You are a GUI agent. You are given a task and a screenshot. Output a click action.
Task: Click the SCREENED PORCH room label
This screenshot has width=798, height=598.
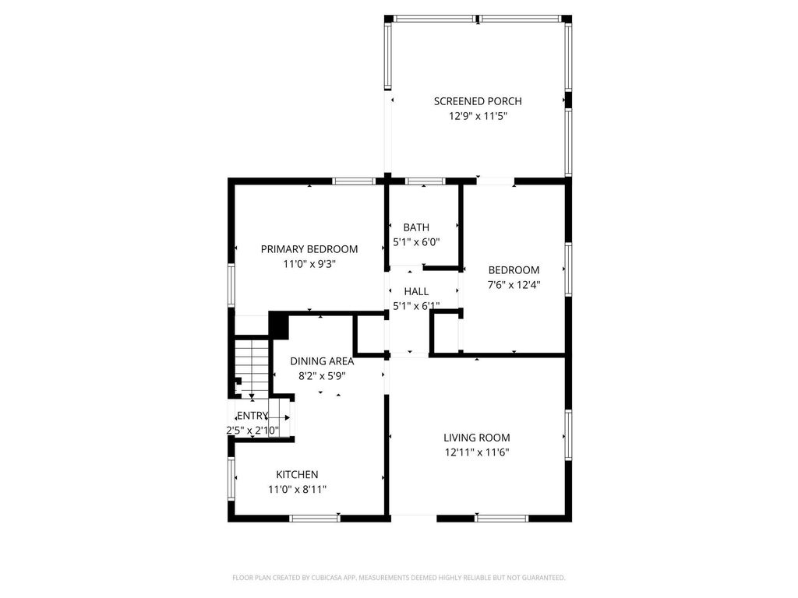(x=477, y=101)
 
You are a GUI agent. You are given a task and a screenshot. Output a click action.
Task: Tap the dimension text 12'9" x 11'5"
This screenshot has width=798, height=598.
(x=477, y=117)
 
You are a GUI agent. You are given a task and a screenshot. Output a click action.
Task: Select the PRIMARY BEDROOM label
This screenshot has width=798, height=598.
(x=309, y=249)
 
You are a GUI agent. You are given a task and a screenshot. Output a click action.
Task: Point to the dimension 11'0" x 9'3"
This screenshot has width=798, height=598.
(x=309, y=264)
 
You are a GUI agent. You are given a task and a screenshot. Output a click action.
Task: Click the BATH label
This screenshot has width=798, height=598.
(x=416, y=227)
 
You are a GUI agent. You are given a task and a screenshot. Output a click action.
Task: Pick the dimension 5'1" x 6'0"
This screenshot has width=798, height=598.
(x=416, y=242)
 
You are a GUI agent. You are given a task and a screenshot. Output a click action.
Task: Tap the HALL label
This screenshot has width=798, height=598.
(x=416, y=291)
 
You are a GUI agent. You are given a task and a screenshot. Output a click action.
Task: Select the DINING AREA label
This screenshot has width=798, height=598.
(x=322, y=361)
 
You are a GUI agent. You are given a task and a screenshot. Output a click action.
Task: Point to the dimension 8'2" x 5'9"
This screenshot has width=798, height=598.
(x=322, y=375)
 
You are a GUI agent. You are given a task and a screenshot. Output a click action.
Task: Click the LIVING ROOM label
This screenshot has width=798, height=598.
(x=477, y=438)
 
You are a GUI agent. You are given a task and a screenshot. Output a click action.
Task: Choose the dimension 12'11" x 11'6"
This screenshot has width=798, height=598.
(x=477, y=452)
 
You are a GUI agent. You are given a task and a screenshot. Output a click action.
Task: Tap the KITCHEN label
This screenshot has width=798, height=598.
(x=297, y=474)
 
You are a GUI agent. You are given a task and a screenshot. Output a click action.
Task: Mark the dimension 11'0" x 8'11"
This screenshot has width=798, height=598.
(x=297, y=489)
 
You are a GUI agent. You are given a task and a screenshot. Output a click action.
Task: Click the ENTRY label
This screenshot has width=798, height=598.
(x=252, y=416)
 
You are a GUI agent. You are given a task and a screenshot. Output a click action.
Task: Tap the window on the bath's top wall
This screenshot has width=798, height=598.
(x=425, y=181)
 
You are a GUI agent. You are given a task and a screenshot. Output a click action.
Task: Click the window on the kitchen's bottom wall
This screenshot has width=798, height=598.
(x=315, y=518)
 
